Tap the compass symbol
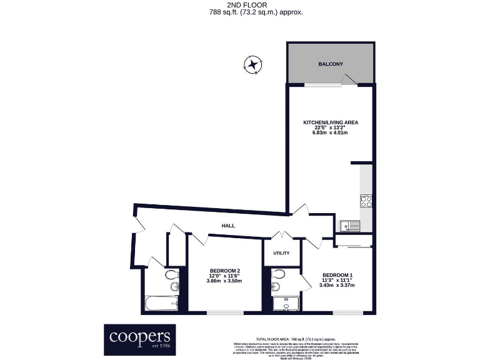(x=252, y=64)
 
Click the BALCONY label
(x=330, y=64)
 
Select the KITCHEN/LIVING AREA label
(x=331, y=122)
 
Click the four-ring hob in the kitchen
(x=367, y=201)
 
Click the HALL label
(x=227, y=226)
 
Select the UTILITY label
(x=281, y=253)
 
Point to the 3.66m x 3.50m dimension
(x=224, y=281)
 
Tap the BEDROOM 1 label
(x=337, y=275)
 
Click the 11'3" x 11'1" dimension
(x=337, y=280)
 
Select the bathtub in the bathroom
(x=161, y=304)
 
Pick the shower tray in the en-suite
(x=286, y=304)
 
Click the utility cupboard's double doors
(x=282, y=236)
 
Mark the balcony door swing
(x=348, y=79)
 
